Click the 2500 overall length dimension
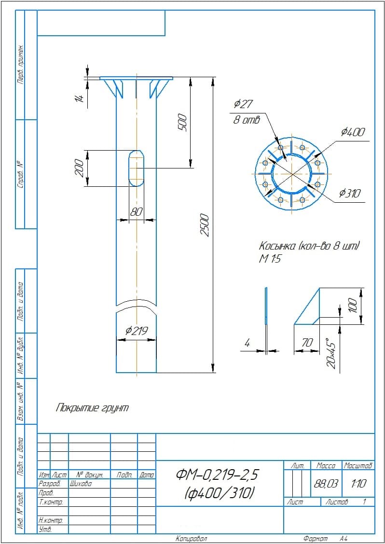click(205, 224)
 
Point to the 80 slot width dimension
click(137, 212)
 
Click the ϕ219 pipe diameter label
click(137, 331)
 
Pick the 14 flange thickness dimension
click(80, 98)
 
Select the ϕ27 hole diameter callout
click(243, 104)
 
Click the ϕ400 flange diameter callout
click(353, 132)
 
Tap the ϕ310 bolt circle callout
click(350, 194)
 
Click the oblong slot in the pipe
click(137, 168)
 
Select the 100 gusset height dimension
click(353, 304)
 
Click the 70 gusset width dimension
click(307, 343)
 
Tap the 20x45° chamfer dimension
click(331, 353)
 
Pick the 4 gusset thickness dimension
click(247, 343)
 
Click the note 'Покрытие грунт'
click(93, 408)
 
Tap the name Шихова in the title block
click(81, 484)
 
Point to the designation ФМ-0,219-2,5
click(218, 475)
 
